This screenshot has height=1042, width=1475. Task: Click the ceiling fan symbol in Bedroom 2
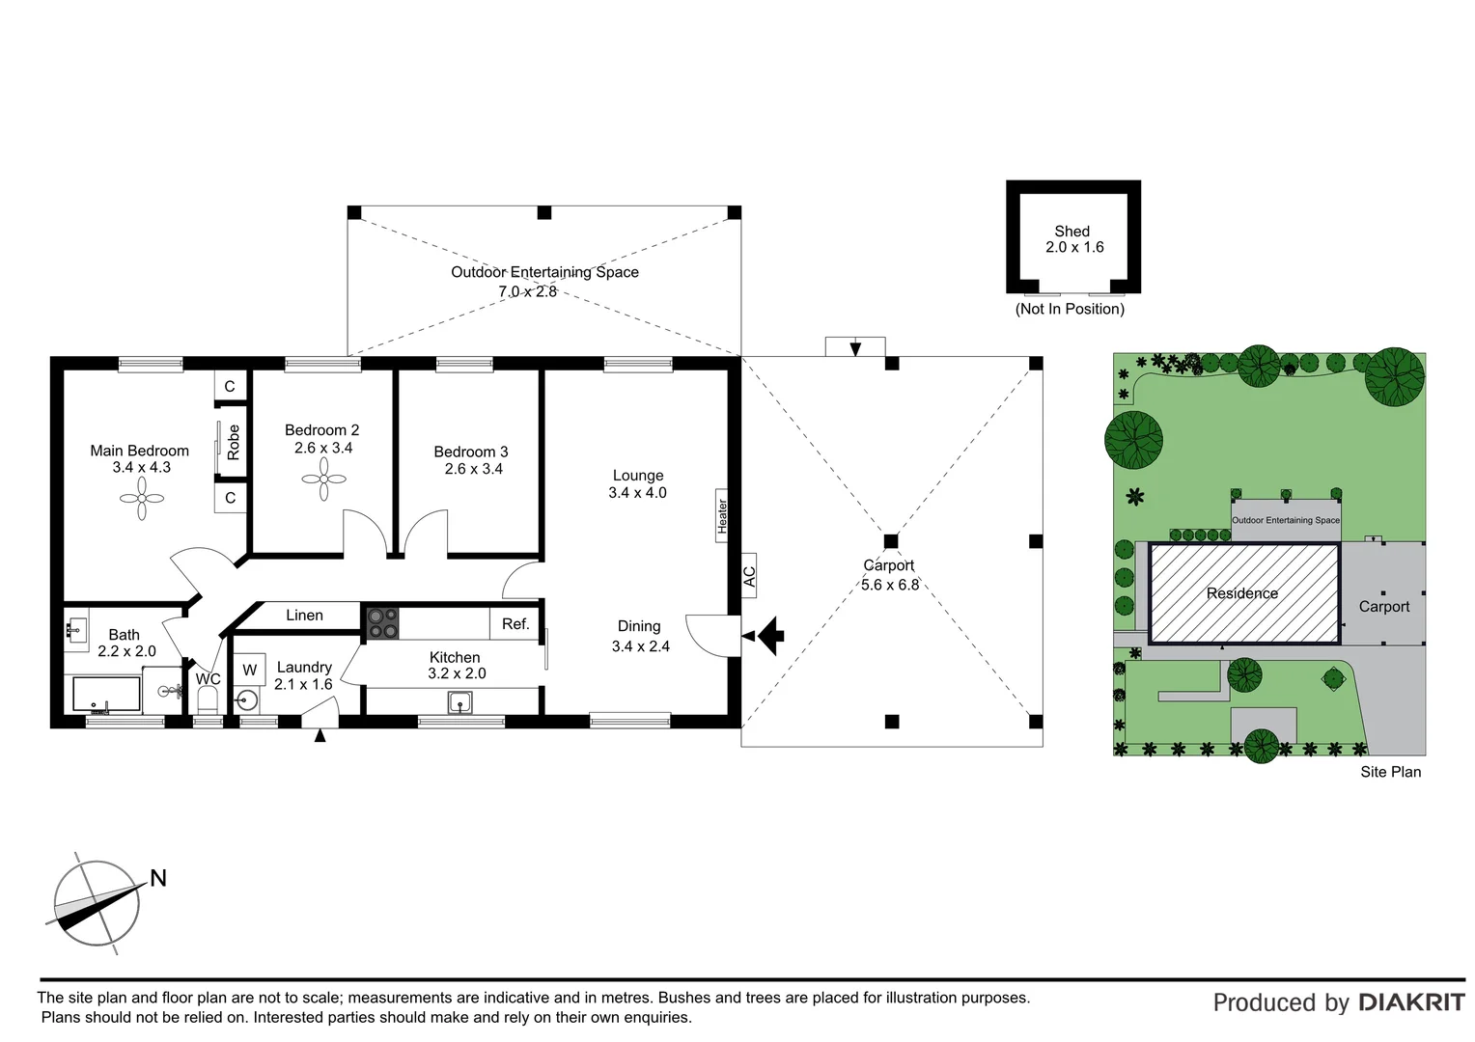pyautogui.click(x=323, y=479)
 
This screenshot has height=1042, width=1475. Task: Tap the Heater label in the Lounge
pyautogui.click(x=722, y=516)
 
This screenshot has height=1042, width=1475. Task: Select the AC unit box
pyautogui.click(x=749, y=576)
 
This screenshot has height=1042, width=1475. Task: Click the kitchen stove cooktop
pyautogui.click(x=382, y=622)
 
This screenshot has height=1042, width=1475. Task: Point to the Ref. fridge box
pyautogui.click(x=515, y=624)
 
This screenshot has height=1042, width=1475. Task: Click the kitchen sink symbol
pyautogui.click(x=460, y=702)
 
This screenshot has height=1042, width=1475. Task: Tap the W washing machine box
pyautogui.click(x=250, y=670)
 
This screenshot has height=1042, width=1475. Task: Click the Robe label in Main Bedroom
pyautogui.click(x=233, y=442)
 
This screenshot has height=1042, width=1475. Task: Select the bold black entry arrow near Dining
pyautogui.click(x=771, y=636)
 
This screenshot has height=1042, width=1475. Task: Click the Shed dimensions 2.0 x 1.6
pyautogui.click(x=1074, y=248)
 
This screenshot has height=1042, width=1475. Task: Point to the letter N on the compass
pyautogui.click(x=158, y=878)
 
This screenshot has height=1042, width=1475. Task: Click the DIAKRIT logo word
pyautogui.click(x=1411, y=1002)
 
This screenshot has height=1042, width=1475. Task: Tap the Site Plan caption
pyautogui.click(x=1390, y=772)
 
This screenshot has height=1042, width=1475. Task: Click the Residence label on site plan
pyautogui.click(x=1242, y=593)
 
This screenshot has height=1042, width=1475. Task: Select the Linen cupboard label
pyautogui.click(x=304, y=616)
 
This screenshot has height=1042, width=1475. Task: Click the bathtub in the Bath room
pyautogui.click(x=107, y=694)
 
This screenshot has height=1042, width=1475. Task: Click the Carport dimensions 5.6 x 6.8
pyautogui.click(x=890, y=585)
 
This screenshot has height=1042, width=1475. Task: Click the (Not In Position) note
pyautogui.click(x=1070, y=309)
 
